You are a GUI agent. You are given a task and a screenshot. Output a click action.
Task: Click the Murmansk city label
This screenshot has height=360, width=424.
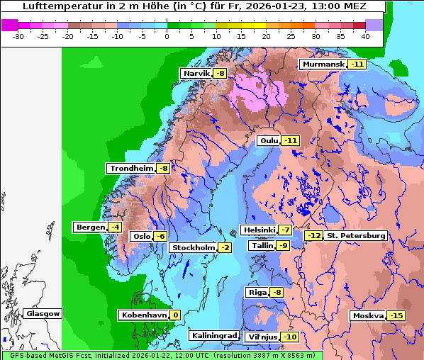pyautogui.click(x=323, y=64)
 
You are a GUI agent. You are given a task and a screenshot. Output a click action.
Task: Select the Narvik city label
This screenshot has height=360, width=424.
pyautogui.click(x=196, y=74)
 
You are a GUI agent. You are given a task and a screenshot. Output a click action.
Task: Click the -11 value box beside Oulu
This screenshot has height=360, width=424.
pyautogui.click(x=291, y=141)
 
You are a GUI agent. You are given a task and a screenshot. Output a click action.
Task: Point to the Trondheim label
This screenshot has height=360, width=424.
pyautogui.click(x=131, y=169)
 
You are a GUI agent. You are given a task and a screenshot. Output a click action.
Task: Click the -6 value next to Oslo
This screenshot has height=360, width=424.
pyautogui.click(x=161, y=237)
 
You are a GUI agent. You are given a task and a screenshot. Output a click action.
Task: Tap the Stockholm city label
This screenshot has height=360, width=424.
pyautogui.click(x=192, y=247)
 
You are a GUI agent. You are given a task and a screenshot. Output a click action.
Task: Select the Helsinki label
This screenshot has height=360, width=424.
pyautogui.click(x=259, y=230)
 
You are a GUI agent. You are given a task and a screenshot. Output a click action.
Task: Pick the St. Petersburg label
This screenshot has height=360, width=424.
pyautogui.click(x=355, y=236)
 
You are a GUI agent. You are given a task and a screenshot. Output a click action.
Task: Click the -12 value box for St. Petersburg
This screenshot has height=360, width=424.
pyautogui.click(x=313, y=236)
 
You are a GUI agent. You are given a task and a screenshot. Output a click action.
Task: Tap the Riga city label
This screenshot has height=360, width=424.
pyautogui.click(x=257, y=293)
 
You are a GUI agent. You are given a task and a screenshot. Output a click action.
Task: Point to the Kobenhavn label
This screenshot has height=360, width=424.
pyautogui.click(x=143, y=315)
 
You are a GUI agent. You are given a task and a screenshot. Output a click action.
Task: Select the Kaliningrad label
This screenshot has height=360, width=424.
pyautogui.click(x=213, y=336)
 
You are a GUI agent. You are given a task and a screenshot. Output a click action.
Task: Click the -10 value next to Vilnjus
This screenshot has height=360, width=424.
pyautogui.click(x=289, y=337)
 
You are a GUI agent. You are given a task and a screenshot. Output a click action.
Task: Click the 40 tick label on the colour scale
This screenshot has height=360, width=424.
pyautogui.click(x=365, y=36)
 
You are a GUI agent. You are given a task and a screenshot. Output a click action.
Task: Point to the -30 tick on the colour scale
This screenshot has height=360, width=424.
pyautogui.click(x=19, y=36)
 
